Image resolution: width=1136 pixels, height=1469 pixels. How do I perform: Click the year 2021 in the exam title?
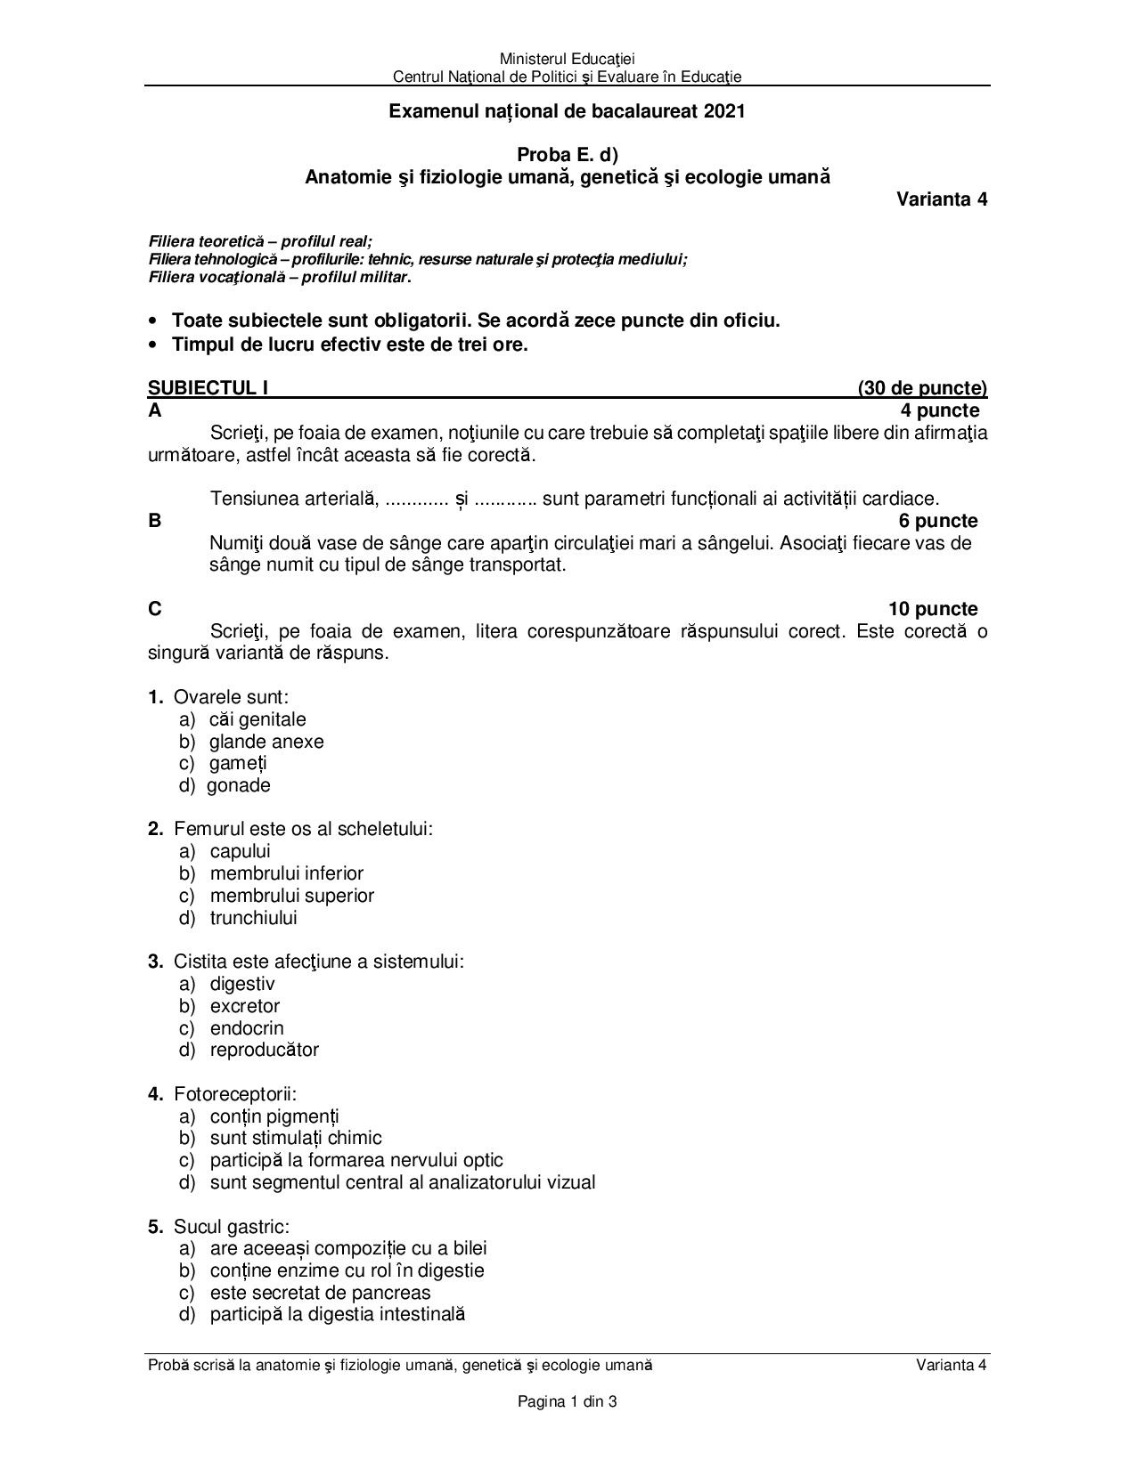[724, 111]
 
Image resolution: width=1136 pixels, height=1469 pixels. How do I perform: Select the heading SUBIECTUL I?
[208, 388]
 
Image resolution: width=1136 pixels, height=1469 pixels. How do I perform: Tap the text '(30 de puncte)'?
[922, 388]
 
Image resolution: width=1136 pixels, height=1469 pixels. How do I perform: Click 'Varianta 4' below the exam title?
[941, 199]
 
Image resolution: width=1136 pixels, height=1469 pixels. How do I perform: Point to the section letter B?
[155, 521]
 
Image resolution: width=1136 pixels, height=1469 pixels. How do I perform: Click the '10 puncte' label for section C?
[932, 609]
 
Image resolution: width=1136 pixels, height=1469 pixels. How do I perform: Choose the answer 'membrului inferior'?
[286, 873]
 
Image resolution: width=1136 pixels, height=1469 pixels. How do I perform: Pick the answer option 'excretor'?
[245, 1006]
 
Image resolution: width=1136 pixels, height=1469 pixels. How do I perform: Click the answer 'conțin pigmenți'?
[274, 1116]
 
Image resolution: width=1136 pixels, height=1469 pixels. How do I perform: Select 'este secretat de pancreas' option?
[320, 1293]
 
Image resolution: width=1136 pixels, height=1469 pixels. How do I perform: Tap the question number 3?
[155, 962]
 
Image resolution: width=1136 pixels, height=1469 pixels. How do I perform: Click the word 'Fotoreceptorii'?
[234, 1094]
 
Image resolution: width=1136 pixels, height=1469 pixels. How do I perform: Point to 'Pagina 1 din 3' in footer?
[568, 1402]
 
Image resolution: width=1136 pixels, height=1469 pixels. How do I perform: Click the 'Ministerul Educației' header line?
[568, 59]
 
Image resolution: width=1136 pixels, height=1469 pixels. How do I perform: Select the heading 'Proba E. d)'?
[568, 155]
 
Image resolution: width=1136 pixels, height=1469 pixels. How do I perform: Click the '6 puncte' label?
[938, 521]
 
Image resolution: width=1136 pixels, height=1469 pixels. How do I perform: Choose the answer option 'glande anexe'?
[266, 742]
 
